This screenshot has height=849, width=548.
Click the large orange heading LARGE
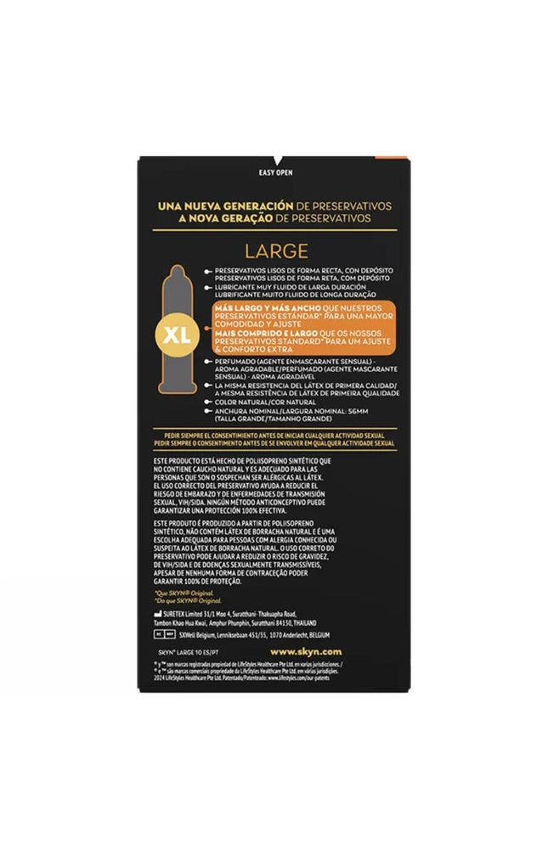(x=276, y=251)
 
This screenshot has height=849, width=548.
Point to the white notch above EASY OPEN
(x=274, y=159)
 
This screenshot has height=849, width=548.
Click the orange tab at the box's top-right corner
(x=399, y=159)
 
